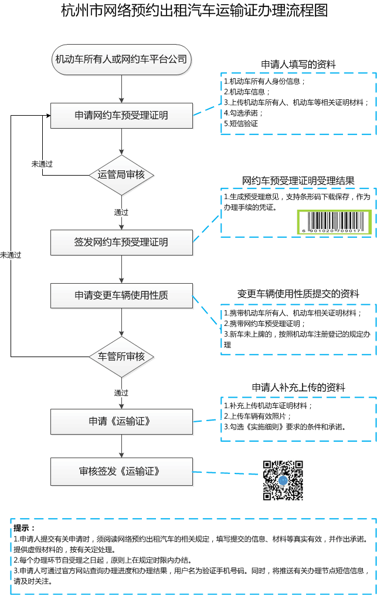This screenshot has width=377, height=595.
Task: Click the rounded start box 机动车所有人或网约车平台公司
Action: coord(121,59)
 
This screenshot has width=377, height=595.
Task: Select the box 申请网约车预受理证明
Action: coord(121,115)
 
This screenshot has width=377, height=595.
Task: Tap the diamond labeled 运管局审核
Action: coord(121,174)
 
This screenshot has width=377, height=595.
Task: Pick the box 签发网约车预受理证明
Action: coord(121,242)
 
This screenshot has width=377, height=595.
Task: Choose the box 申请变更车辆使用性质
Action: coord(121,295)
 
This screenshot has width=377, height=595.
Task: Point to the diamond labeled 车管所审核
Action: coord(121,357)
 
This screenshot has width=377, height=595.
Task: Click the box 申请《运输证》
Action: coord(121,421)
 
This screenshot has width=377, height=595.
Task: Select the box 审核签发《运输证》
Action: coord(121,471)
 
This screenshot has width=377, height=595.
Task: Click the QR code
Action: coord(283,480)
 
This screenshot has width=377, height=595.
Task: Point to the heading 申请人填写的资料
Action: coord(298,65)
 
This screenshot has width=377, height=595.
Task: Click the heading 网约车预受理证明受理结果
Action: coord(298,180)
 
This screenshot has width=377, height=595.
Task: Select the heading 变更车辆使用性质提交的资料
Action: coord(298,293)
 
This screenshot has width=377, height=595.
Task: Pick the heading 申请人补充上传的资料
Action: coord(298,388)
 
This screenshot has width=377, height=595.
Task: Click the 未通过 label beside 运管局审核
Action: coord(42,164)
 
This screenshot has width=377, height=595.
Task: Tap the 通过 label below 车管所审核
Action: coord(121,392)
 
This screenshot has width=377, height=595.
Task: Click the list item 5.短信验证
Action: coord(241,123)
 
